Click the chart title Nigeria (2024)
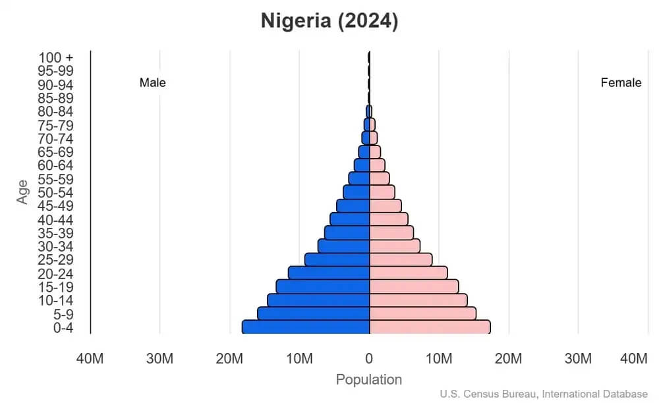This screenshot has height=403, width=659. click(x=329, y=21)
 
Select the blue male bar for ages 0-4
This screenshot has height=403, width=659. click(x=306, y=327)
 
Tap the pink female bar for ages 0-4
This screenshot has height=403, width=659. click(x=430, y=327)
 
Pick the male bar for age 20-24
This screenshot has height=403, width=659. click(x=329, y=273)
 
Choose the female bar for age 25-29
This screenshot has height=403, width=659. click(x=401, y=259)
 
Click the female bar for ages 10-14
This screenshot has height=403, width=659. click(x=418, y=300)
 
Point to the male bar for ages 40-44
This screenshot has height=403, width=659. click(x=350, y=219)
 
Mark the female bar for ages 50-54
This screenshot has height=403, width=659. click(x=382, y=192)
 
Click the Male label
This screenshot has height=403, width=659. click(x=153, y=83)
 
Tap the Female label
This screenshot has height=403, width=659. click(x=621, y=83)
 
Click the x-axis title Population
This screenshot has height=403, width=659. click(x=369, y=380)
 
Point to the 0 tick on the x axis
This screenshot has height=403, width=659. click(x=369, y=359)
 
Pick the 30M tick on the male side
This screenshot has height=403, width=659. click(x=159, y=359)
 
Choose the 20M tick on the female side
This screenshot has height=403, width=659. click(x=509, y=359)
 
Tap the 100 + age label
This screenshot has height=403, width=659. click(x=55, y=58)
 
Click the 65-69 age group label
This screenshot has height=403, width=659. click(x=55, y=152)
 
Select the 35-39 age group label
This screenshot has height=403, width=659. click(x=55, y=233)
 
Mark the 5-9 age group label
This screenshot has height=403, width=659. click(x=63, y=314)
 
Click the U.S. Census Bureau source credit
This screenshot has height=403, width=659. click(x=544, y=394)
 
